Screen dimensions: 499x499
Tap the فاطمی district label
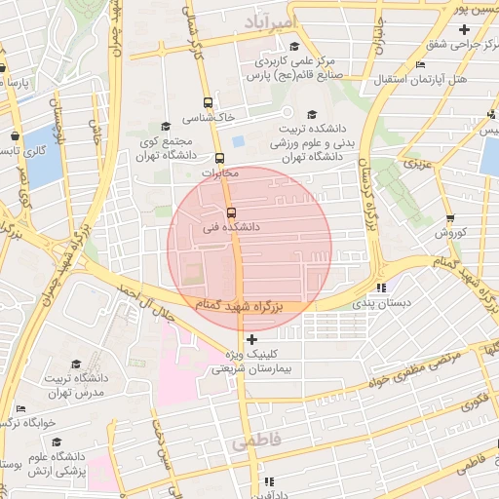(256, 441)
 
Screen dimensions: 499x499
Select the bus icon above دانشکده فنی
(231, 212)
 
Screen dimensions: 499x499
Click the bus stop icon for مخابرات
(219, 158)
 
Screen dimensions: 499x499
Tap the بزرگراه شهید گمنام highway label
(237, 306)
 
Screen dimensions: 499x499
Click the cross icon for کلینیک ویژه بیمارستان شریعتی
(252, 339)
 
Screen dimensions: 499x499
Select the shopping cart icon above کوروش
(450, 218)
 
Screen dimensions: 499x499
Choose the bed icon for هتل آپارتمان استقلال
(420, 65)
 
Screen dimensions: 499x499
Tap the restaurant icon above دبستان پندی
(381, 288)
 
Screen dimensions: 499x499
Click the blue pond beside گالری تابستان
(43, 158)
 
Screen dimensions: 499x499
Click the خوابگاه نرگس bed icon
(21, 408)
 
